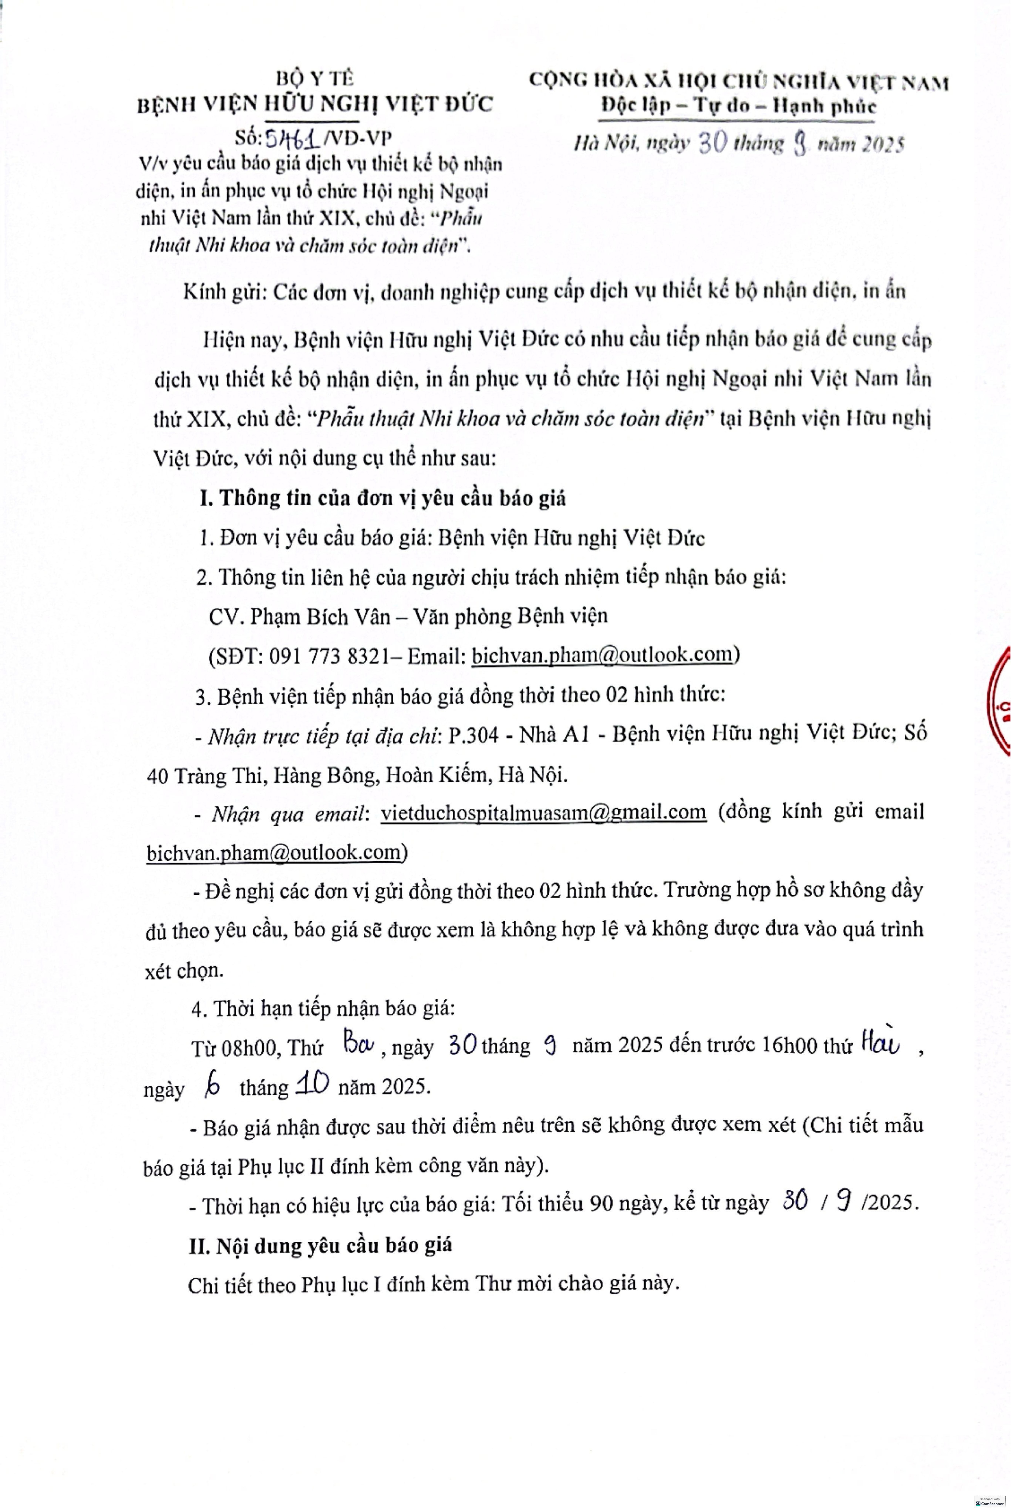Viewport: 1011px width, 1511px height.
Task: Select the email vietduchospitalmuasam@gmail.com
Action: [543, 812]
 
